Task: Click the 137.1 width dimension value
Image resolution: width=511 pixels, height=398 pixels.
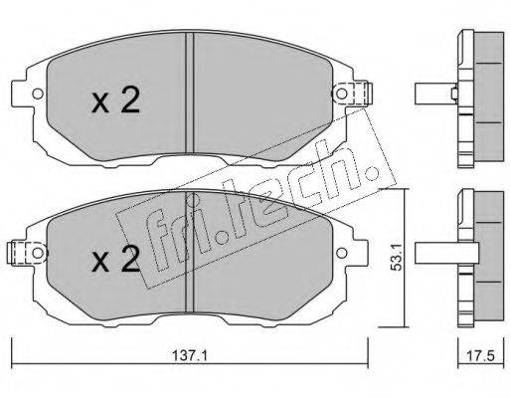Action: pos(190,356)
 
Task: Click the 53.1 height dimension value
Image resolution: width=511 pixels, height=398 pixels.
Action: pos(397,258)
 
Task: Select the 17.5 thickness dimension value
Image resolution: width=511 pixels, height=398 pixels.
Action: pos(480,356)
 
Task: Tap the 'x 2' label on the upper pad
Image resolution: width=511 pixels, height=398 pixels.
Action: pos(115,99)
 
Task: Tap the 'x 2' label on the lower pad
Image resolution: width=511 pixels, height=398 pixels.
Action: pos(115,259)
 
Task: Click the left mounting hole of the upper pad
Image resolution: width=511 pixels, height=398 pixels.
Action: pos(38,94)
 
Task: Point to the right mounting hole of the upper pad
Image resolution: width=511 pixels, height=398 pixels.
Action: pos(341,94)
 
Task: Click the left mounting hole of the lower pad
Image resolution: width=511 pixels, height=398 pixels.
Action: pos(38,253)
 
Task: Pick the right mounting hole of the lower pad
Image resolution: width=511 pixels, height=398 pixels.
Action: pos(341,253)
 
